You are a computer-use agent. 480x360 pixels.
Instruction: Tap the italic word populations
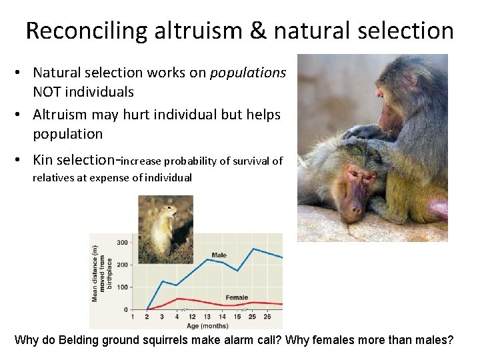coord(248,72)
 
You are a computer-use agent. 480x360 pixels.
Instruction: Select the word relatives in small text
coord(54,177)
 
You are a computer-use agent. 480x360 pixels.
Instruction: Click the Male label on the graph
coord(219,255)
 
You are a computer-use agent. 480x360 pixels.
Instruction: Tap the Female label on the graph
coord(237,297)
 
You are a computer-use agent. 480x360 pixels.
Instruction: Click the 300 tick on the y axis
coord(122,242)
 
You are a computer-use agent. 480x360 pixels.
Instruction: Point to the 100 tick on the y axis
coord(122,287)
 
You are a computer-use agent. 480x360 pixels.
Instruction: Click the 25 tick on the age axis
coord(253,317)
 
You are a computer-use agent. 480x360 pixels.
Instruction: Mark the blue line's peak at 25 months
coord(253,249)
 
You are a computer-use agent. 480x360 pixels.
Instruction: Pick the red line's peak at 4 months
coord(177,299)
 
